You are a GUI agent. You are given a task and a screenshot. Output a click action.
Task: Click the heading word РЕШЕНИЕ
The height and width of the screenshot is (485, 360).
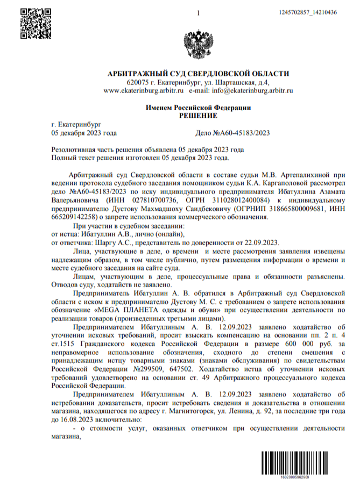tap(199, 116)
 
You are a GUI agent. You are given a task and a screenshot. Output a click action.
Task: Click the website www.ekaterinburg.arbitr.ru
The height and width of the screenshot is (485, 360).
tap(142, 91)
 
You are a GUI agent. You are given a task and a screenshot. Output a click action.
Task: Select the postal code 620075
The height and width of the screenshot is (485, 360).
tap(138, 83)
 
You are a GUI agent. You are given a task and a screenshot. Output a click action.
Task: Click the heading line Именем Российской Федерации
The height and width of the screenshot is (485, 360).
tap(199, 108)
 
